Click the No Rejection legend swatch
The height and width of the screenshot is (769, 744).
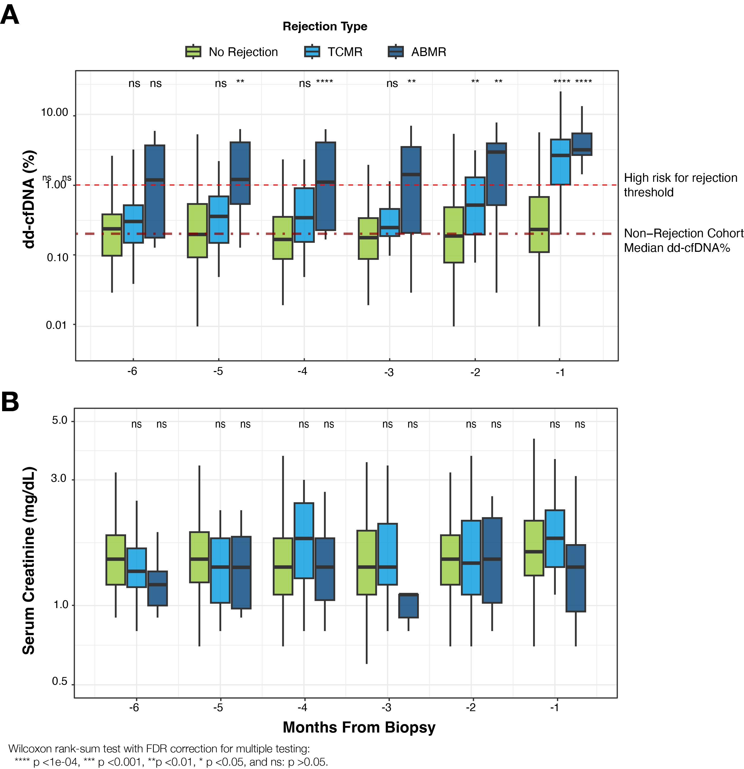(x=193, y=51)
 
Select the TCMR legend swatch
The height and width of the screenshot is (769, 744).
(x=312, y=51)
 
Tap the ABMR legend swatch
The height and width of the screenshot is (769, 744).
(x=396, y=51)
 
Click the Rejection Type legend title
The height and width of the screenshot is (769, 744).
(x=325, y=26)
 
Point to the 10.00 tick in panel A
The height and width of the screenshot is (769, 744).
(x=54, y=113)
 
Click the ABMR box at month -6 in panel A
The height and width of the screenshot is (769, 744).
(x=155, y=192)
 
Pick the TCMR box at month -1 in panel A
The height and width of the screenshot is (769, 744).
(x=560, y=162)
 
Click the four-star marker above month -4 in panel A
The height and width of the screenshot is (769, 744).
(x=325, y=82)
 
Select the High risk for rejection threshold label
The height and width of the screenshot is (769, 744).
(x=680, y=185)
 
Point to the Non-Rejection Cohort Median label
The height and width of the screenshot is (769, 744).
(x=683, y=240)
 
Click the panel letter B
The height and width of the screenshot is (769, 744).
(x=10, y=402)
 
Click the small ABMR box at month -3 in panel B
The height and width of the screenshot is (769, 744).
(x=409, y=606)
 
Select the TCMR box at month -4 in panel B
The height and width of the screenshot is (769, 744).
(x=304, y=541)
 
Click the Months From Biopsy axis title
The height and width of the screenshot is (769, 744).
(x=359, y=727)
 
